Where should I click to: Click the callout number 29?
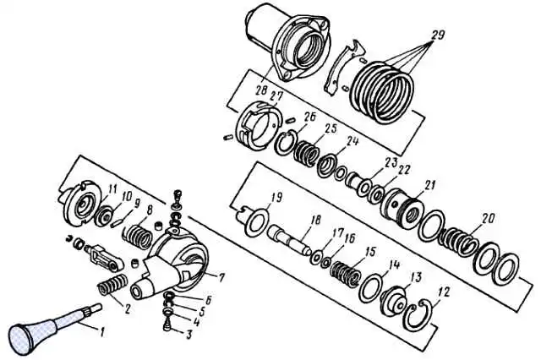point(437,35)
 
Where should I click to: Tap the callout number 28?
point(262,90)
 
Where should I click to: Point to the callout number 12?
point(444,292)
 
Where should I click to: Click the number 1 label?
point(102,332)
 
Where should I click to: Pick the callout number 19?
point(276,197)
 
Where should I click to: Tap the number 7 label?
point(221,277)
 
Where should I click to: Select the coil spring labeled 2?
point(112,283)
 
